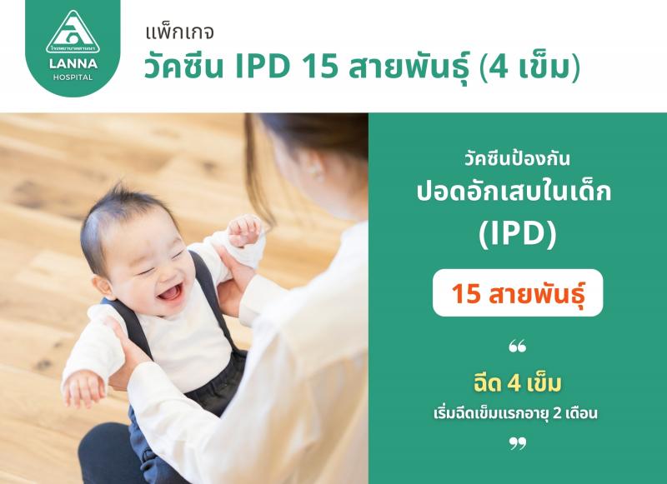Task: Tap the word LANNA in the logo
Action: tap(73, 64)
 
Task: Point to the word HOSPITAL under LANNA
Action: tap(73, 77)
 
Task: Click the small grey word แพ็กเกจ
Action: tap(179, 32)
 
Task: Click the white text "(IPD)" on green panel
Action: tap(517, 234)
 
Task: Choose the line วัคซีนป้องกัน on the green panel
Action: tap(517, 159)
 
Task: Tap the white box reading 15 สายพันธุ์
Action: tap(518, 292)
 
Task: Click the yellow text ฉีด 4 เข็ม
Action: tap(517, 383)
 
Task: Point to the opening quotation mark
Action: tap(517, 347)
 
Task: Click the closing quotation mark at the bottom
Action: tap(517, 444)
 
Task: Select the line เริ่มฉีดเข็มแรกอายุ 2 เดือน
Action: tap(515, 413)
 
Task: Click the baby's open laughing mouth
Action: tap(171, 292)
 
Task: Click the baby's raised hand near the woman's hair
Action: tap(244, 230)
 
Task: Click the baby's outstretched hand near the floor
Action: tap(83, 388)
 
